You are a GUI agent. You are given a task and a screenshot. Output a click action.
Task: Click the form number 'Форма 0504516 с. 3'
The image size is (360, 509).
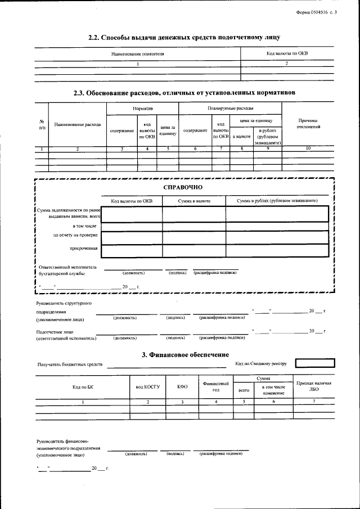click(315, 13)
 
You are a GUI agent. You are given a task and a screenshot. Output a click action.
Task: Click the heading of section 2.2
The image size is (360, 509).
click(176, 38)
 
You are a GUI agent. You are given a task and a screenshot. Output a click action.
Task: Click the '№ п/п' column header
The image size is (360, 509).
click(42, 124)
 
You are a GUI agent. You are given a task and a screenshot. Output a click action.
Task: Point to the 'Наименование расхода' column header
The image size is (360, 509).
click(78, 124)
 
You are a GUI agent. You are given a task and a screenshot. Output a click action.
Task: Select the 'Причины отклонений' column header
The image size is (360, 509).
click(308, 124)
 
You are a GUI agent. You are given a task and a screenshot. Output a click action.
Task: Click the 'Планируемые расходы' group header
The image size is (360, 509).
click(229, 107)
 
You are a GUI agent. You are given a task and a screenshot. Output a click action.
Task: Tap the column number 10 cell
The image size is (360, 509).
click(308, 148)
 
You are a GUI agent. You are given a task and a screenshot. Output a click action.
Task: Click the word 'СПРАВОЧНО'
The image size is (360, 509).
click(182, 187)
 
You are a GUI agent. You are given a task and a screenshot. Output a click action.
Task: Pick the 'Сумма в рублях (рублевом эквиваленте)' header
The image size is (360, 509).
click(277, 201)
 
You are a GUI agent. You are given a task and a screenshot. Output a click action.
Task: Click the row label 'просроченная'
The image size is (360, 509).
click(84, 248)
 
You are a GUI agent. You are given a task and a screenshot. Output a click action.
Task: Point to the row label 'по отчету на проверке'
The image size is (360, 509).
click(75, 236)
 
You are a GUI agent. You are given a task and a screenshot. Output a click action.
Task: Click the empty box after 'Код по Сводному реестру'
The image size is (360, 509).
click(314, 364)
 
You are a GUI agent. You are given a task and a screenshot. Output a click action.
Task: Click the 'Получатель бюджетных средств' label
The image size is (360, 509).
click(70, 365)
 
